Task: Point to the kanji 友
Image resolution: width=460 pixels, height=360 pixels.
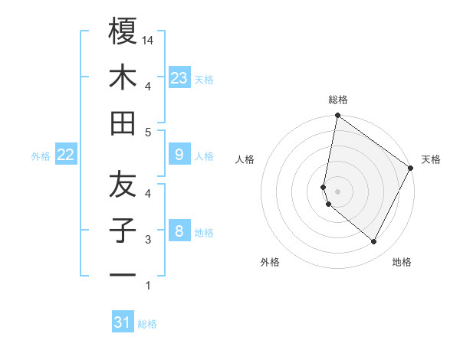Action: pos(123,184)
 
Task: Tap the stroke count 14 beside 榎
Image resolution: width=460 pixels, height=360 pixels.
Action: pos(149,41)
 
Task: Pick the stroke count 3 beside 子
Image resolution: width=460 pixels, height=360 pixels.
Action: pos(149,240)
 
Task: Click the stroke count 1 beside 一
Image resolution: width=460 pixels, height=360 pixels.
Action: pos(149,286)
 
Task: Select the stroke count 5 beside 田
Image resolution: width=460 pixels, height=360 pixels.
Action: pos(149,133)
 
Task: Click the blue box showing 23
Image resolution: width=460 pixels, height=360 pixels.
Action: pos(179,77)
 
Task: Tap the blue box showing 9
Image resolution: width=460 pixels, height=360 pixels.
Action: pos(179,155)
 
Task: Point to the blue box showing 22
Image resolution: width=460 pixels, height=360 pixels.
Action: pos(66,155)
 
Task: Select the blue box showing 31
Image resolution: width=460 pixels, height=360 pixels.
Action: pos(123,322)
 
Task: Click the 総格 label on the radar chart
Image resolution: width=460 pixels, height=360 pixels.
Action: pos(338,100)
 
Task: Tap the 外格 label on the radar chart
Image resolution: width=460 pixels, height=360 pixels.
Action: pos(270,262)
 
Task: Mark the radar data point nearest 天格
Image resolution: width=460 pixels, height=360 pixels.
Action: pos(412,169)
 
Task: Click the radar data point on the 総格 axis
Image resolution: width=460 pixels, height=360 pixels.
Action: pos(337,116)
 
